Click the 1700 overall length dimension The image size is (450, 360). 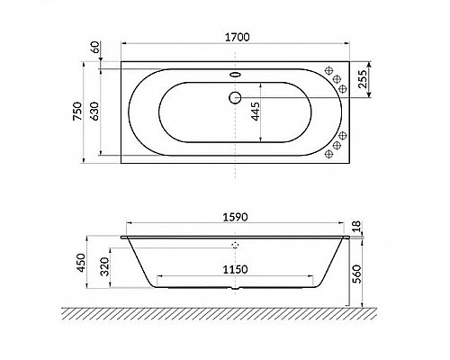click(236, 37)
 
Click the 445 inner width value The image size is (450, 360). click(256, 112)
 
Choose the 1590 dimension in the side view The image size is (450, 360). click(236, 217)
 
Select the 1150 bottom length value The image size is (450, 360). click(236, 269)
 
